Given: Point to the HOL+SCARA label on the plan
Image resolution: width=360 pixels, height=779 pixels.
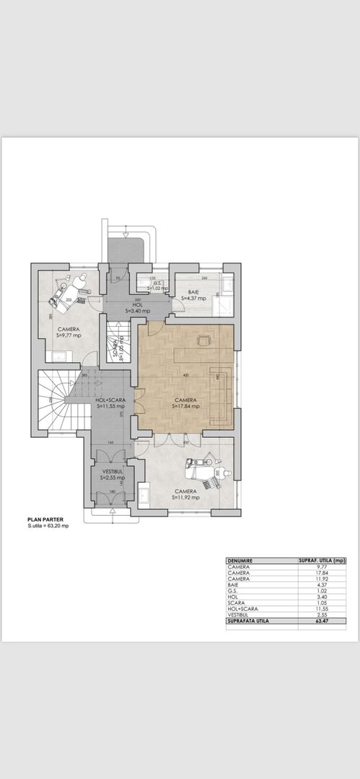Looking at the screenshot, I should click(x=110, y=400).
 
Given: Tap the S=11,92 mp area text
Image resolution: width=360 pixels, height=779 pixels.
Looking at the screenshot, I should click(x=185, y=497).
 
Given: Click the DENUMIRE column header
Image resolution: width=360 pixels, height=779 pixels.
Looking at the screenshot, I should click(x=240, y=560).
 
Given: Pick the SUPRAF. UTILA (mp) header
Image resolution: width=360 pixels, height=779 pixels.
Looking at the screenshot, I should click(x=322, y=560).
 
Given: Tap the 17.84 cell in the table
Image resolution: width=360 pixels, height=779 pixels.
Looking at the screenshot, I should click(x=322, y=573).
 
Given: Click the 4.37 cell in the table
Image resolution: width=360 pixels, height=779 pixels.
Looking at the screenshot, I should click(x=322, y=586).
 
